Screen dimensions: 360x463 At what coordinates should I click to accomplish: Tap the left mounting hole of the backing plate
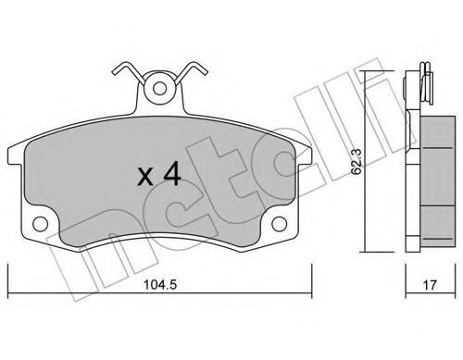(x=40, y=225)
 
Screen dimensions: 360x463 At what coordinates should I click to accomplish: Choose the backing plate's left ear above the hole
(x=37, y=207)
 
